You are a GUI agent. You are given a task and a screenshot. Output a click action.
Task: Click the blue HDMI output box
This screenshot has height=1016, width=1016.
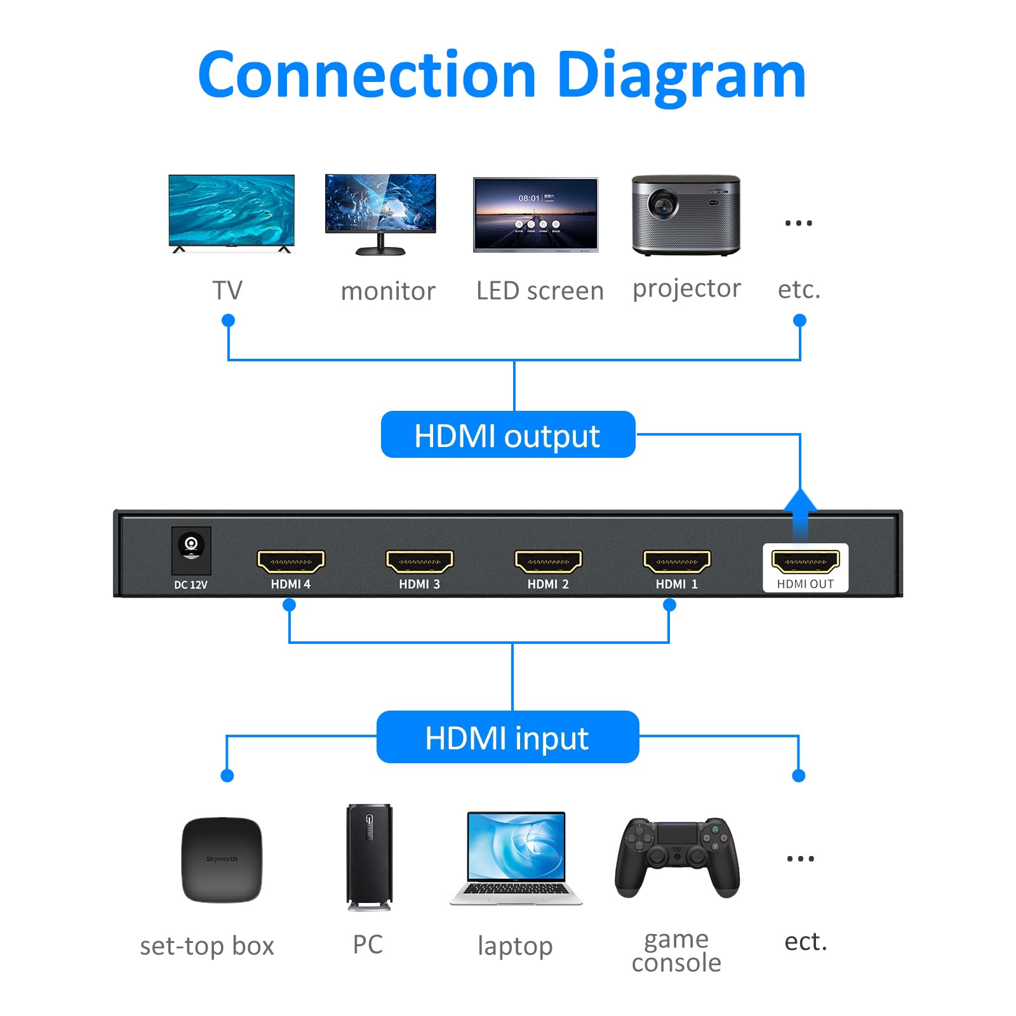(x=507, y=435)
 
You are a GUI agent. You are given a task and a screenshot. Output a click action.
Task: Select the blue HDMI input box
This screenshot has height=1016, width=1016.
(x=507, y=737)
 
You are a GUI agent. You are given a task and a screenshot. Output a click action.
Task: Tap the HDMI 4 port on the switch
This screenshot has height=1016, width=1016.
(x=291, y=561)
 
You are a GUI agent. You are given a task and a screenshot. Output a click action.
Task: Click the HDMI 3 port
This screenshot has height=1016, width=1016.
(x=419, y=561)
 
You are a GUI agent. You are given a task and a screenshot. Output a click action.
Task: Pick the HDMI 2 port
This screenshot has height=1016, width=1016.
(x=548, y=561)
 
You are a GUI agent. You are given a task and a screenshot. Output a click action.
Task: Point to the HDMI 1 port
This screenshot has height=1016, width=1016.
(x=677, y=561)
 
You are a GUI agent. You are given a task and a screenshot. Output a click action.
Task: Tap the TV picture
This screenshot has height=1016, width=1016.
(x=231, y=211)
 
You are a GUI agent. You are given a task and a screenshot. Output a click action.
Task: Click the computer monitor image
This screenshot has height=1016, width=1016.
(x=380, y=206)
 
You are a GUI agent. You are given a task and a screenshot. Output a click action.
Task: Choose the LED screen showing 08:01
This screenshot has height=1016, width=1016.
(x=535, y=214)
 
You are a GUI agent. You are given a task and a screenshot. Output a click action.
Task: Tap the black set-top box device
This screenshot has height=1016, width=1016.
(x=222, y=860)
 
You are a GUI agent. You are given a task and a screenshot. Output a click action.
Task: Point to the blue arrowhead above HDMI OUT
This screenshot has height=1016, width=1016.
(x=800, y=500)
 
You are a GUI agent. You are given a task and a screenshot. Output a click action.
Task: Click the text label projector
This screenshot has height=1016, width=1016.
(x=686, y=289)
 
